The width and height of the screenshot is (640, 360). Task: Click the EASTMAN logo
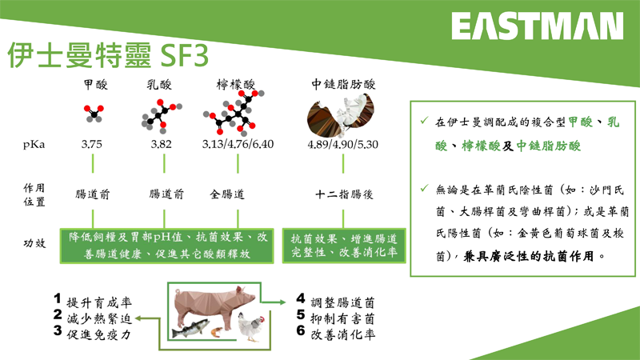pos(537,26)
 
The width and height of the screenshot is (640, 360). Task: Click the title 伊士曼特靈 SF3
pos(109,55)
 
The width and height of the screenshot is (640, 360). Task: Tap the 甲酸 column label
pos(96,85)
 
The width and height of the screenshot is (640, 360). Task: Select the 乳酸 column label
pos(159,85)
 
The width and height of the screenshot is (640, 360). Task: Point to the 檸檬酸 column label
pos(235,85)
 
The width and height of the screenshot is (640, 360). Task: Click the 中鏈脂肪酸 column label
pos(343,84)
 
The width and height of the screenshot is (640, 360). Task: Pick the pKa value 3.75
pos(91,144)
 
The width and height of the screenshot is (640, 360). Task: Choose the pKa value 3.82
pos(162,144)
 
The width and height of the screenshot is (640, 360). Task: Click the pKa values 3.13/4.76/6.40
pos(238,144)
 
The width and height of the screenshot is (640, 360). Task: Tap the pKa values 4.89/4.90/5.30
pos(343,144)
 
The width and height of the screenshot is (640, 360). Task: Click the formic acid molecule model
pos(94,114)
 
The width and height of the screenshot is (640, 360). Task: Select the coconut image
pos(340,116)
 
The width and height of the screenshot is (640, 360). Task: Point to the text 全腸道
pos(227,194)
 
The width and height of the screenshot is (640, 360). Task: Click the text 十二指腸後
pos(344,194)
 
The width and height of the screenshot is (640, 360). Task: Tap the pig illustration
pos(214,307)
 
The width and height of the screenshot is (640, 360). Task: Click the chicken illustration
pos(251,326)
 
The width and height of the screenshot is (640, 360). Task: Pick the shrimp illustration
pos(217,332)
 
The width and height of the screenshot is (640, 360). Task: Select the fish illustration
pos(190,328)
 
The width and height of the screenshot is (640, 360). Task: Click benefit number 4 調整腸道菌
pos(335,302)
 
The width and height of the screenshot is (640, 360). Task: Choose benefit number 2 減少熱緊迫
pos(93,317)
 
